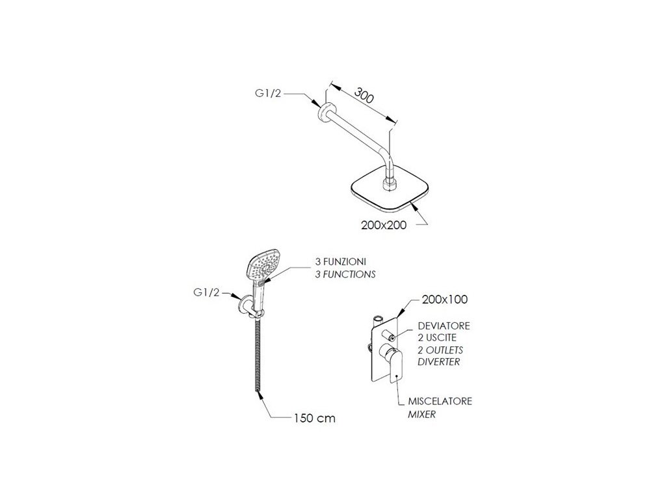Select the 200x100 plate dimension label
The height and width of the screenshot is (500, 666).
tap(445, 299)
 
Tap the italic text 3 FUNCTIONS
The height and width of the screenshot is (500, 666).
tap(341, 274)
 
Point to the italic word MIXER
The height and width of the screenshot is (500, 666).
tap(423, 413)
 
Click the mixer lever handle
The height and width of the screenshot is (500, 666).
tap(396, 365)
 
